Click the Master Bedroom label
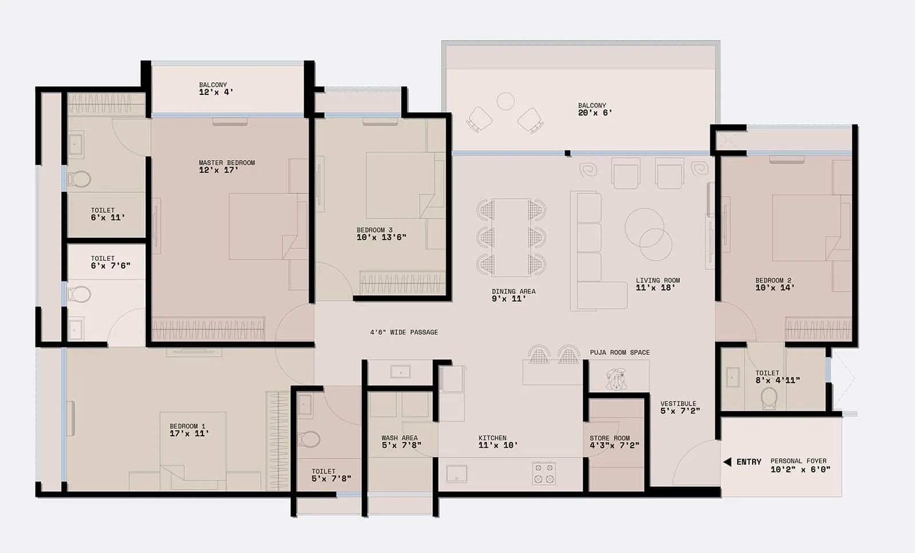(x=226, y=163)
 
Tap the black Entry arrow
(x=727, y=462)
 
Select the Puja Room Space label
(x=619, y=352)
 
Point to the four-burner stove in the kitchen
(x=543, y=474)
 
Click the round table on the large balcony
(x=506, y=101)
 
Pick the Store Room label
(x=610, y=438)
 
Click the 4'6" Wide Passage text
(x=404, y=332)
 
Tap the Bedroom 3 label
(x=375, y=230)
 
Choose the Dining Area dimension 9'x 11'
(x=508, y=299)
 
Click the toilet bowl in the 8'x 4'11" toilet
(x=769, y=396)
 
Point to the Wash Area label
(x=399, y=438)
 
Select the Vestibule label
(x=678, y=404)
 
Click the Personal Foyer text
(x=798, y=461)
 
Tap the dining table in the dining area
(x=511, y=237)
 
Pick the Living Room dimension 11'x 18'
(x=655, y=288)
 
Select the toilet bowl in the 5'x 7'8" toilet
(x=309, y=439)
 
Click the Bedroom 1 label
(x=187, y=426)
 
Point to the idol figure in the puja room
(x=616, y=379)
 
